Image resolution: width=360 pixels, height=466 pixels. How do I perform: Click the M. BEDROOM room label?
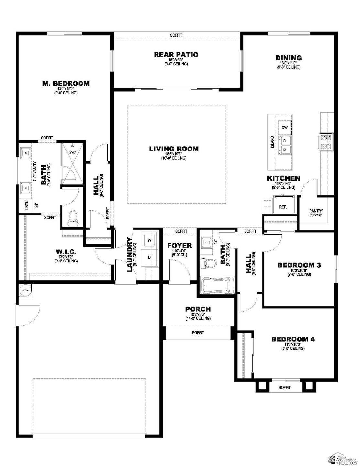66,83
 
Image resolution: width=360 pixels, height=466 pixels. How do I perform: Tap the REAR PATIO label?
176,55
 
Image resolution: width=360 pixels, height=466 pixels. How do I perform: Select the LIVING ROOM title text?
174,149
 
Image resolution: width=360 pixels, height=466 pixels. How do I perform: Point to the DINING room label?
289,58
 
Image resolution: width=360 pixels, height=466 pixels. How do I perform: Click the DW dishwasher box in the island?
285,128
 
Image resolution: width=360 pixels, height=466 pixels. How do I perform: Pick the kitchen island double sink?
285,145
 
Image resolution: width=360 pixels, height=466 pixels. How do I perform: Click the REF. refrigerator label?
283,207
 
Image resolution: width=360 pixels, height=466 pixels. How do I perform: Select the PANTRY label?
316,211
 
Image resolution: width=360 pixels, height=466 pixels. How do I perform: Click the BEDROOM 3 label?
299,265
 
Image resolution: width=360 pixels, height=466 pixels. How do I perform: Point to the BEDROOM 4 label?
293,339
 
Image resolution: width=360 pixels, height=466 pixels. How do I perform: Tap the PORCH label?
198,309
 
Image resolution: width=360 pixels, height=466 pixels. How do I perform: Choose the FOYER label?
180,246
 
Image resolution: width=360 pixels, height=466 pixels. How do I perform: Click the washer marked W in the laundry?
149,240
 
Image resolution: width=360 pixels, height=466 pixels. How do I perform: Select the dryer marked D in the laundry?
149,257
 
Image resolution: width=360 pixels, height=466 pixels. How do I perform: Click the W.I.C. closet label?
66,251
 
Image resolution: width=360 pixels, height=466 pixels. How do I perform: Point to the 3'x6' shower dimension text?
72,152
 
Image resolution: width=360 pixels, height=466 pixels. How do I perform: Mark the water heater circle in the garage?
25,290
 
